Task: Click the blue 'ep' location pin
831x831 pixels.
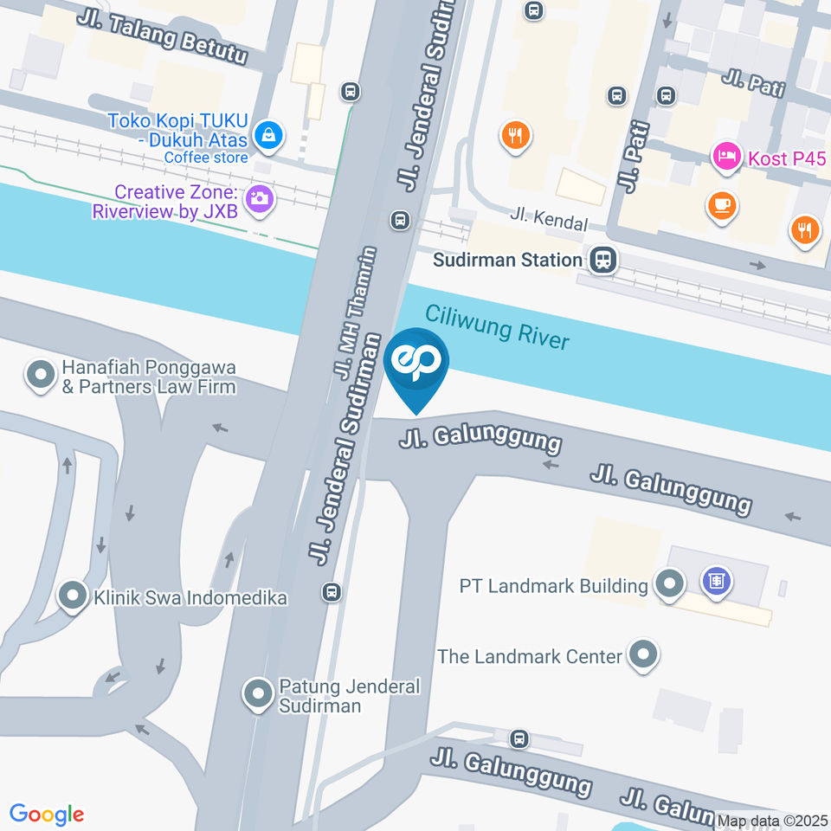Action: coord(416,364)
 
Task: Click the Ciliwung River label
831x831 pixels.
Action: coord(497,326)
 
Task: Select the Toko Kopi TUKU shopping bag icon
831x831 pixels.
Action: coord(270,135)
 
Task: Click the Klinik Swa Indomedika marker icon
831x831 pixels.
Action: coord(72,596)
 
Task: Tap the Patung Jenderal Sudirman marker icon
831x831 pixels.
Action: coord(257,694)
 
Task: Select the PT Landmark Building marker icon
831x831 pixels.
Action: coord(668,584)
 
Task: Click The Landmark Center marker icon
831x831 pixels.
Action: coord(642,655)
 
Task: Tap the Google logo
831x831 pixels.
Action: coord(47,814)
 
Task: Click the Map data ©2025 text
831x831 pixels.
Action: coord(772,821)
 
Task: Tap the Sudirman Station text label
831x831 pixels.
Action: coord(507,260)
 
